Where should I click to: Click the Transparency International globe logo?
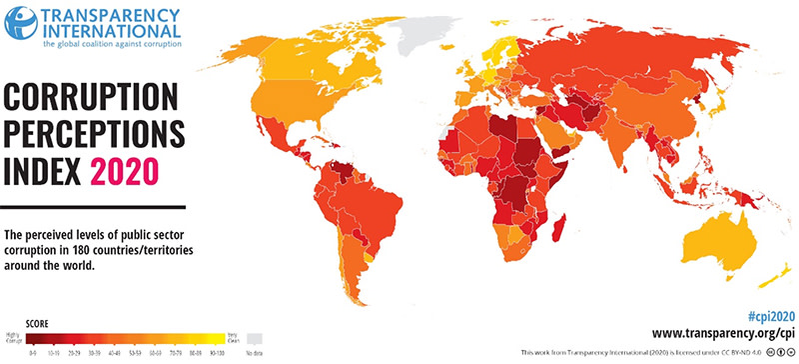click(x=20, y=23)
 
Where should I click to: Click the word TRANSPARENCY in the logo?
click(x=111, y=14)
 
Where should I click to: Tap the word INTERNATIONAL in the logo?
click(x=111, y=31)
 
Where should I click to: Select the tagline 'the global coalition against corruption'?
click(x=111, y=45)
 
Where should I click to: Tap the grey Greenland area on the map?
click(x=425, y=30)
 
